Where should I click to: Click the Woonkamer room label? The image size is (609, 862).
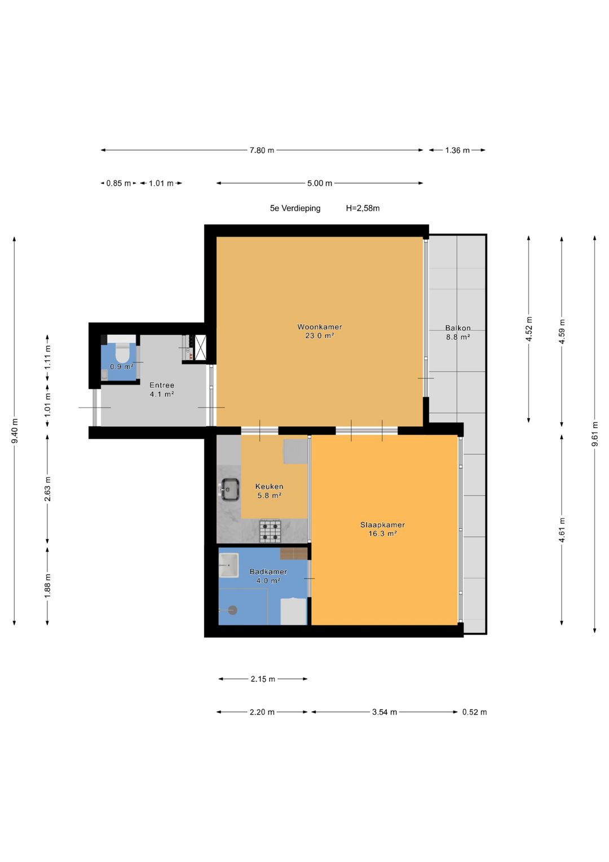click(x=320, y=327)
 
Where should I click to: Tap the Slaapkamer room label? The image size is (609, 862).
click(x=382, y=524)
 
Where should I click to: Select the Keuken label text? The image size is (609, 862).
click(x=269, y=487)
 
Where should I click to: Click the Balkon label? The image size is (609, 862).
click(x=457, y=328)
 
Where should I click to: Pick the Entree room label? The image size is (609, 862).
click(x=162, y=385)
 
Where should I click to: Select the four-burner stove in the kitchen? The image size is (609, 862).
click(x=270, y=531)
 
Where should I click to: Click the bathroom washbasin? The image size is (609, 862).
click(x=228, y=565)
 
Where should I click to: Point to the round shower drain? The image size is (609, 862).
click(x=232, y=610)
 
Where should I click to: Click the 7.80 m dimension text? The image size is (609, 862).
click(x=262, y=151)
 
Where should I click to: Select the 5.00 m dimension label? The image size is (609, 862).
click(x=320, y=183)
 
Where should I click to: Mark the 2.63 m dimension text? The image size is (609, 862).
click(x=48, y=489)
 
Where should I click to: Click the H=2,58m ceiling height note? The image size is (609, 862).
click(x=363, y=208)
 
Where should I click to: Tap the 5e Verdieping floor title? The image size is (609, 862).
click(x=295, y=208)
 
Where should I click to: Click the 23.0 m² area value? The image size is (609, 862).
click(x=320, y=335)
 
